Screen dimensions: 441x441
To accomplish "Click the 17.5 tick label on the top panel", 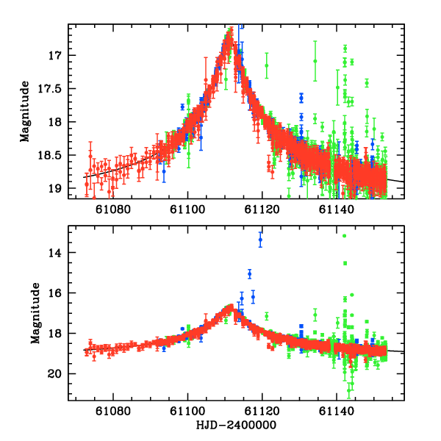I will click(x=52, y=88).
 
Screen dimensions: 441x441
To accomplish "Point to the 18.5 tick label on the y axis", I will click(x=52, y=155).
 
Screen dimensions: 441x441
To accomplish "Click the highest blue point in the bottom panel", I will click(x=260, y=240).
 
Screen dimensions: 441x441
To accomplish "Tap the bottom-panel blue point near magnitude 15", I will click(x=250, y=273).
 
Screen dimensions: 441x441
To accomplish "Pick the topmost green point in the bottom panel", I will click(x=344, y=236).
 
